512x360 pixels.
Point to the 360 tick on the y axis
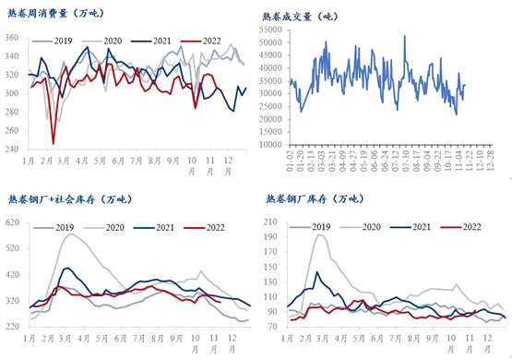(x=12, y=37)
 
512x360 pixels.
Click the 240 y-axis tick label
(x=12, y=150)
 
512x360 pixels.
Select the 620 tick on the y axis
(x=12, y=223)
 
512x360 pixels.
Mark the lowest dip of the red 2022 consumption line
(x=53, y=143)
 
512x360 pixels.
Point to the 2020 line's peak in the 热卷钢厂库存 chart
(x=321, y=234)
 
